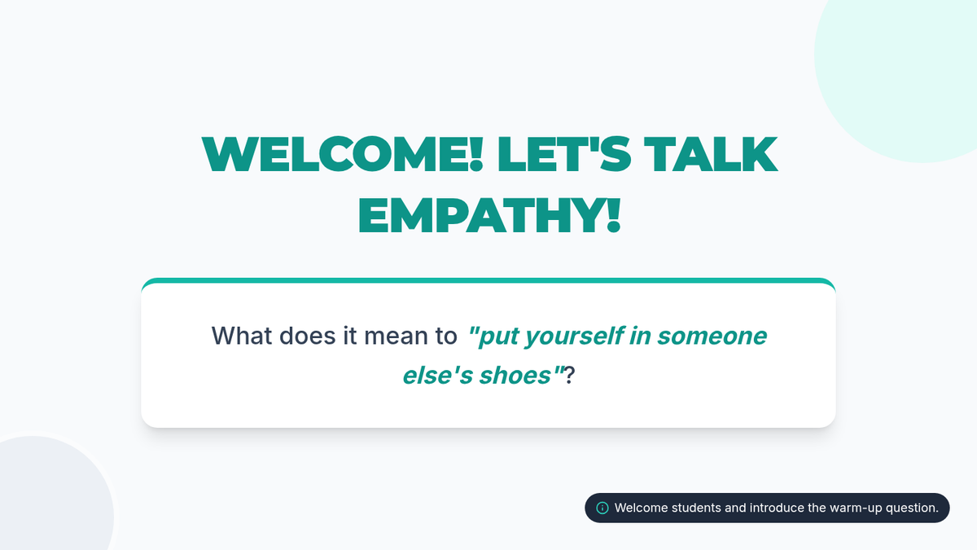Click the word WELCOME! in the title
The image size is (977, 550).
point(343,154)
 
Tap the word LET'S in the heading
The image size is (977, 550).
point(563,154)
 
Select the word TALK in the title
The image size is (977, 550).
point(711,154)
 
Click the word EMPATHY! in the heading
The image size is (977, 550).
point(489,215)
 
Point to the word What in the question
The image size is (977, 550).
point(242,336)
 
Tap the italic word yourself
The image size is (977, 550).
point(574,337)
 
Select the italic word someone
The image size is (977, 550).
point(712,336)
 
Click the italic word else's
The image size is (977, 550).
point(438,376)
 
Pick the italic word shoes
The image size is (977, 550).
point(515,376)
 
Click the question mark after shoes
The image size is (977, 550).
point(569,376)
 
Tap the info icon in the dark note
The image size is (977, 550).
point(602,508)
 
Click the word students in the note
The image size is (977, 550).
point(695,508)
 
